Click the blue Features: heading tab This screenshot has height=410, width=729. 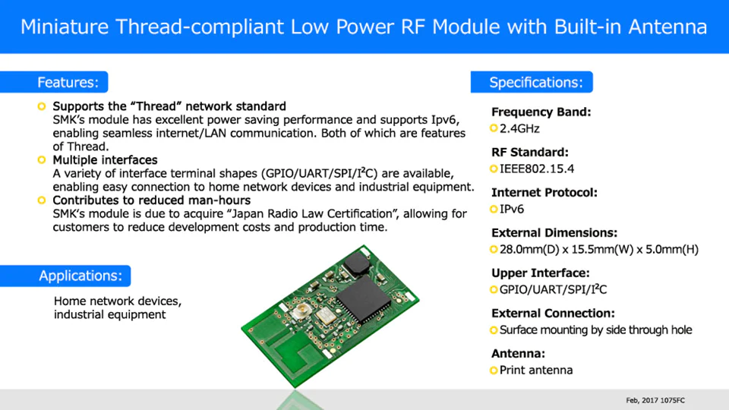(68, 82)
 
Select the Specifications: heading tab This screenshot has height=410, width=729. (535, 82)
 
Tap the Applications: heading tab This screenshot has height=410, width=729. (80, 276)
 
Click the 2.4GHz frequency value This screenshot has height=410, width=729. (519, 128)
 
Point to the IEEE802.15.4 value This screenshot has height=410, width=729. (537, 169)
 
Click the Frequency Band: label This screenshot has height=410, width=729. (541, 112)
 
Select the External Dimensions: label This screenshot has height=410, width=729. (554, 232)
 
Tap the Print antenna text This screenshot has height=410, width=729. (536, 371)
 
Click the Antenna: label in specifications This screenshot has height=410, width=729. (519, 353)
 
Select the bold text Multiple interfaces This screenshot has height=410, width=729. (105, 160)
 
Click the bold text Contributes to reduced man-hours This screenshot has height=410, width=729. (152, 200)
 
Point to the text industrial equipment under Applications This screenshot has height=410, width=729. (109, 314)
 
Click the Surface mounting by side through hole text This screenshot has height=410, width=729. (595, 330)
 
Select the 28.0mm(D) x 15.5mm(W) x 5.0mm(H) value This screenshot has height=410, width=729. (598, 249)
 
